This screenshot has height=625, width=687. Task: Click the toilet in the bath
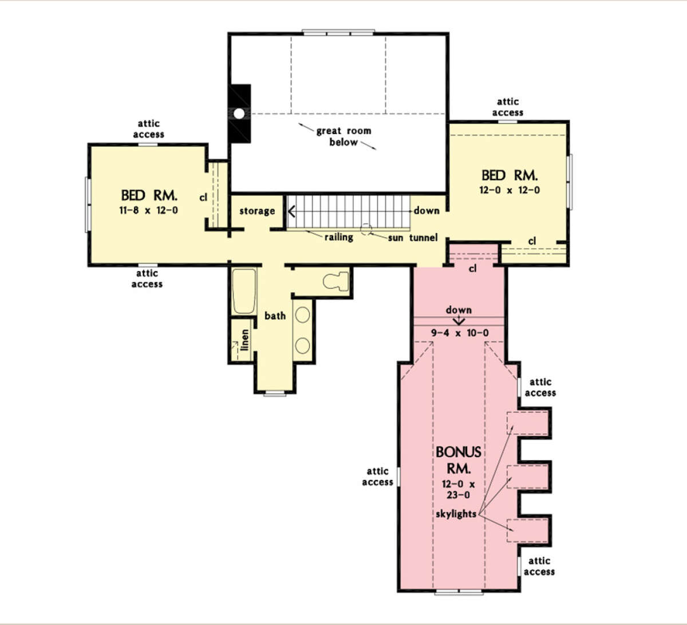(x=335, y=281)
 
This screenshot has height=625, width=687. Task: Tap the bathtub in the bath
(x=244, y=291)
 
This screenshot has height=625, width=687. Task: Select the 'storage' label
(x=257, y=211)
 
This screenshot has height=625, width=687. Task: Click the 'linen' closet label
(x=244, y=340)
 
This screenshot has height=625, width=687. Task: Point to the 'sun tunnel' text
(x=413, y=238)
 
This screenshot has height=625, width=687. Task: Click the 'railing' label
(x=339, y=237)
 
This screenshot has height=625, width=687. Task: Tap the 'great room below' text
(x=343, y=136)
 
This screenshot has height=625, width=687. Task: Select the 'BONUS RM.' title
(x=459, y=460)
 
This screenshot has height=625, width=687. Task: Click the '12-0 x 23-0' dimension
(x=458, y=490)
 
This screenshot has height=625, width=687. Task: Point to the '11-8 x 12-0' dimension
(x=149, y=210)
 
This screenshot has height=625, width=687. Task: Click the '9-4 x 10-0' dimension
(x=460, y=333)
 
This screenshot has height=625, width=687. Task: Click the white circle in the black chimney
(x=239, y=113)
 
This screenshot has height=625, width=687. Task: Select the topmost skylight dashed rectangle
(x=527, y=423)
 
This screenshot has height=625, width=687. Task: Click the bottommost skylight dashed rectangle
(x=527, y=530)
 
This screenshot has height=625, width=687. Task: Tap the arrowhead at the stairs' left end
(x=291, y=211)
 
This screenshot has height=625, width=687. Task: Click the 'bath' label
(x=275, y=316)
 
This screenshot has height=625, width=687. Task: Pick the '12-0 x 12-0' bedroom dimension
(x=510, y=190)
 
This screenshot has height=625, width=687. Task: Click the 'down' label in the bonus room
(x=459, y=310)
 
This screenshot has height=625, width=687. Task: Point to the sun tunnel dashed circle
(x=366, y=229)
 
